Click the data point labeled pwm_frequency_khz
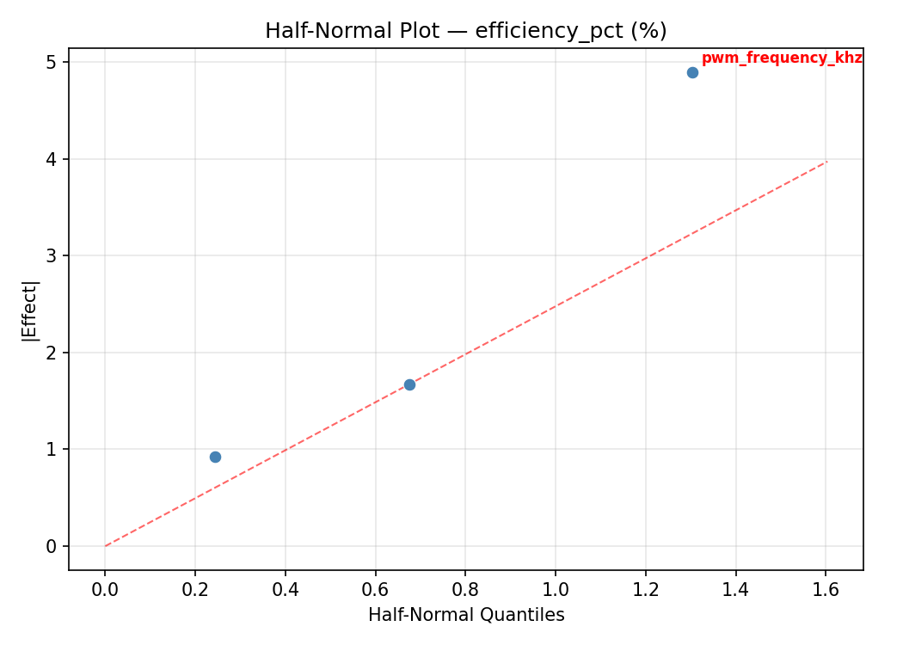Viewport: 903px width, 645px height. point(692,72)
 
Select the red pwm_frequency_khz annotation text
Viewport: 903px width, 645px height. point(781,58)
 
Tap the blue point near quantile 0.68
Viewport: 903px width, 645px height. point(409,384)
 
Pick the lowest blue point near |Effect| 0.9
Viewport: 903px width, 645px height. point(215,457)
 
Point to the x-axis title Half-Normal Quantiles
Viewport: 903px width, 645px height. point(466,615)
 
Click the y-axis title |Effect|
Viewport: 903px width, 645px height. point(31,310)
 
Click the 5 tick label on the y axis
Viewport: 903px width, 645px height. point(52,63)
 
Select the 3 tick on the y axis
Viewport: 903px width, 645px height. point(52,256)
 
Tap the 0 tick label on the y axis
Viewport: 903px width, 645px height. point(52,546)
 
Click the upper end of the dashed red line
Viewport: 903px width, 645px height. point(826,162)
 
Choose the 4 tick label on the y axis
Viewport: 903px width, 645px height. point(52,159)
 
